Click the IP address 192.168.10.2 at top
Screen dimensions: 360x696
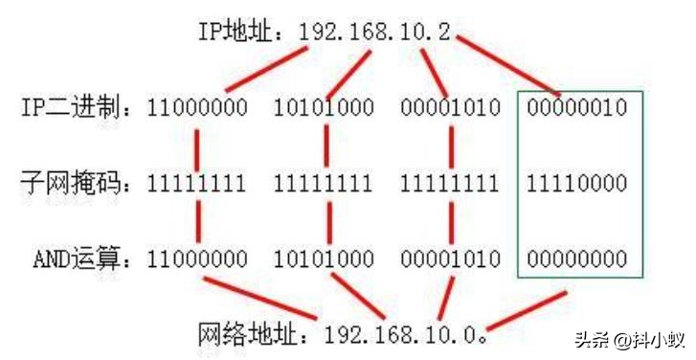[x=374, y=32]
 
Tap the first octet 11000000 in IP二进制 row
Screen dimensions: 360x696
[x=197, y=107]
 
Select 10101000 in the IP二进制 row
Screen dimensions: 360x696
[x=324, y=107]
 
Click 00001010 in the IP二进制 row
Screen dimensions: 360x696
[x=450, y=107]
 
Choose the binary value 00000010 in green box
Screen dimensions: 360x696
[x=576, y=107]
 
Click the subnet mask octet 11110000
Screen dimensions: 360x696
[x=576, y=182]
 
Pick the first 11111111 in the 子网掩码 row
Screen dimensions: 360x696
[x=197, y=182]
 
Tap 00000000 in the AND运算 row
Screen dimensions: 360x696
[x=576, y=259]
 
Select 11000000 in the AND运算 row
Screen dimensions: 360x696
[x=197, y=259]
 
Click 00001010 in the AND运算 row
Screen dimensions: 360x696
[x=450, y=259]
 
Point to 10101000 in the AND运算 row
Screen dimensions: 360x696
[x=324, y=259]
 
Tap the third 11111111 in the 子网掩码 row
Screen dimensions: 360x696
[x=450, y=182]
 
